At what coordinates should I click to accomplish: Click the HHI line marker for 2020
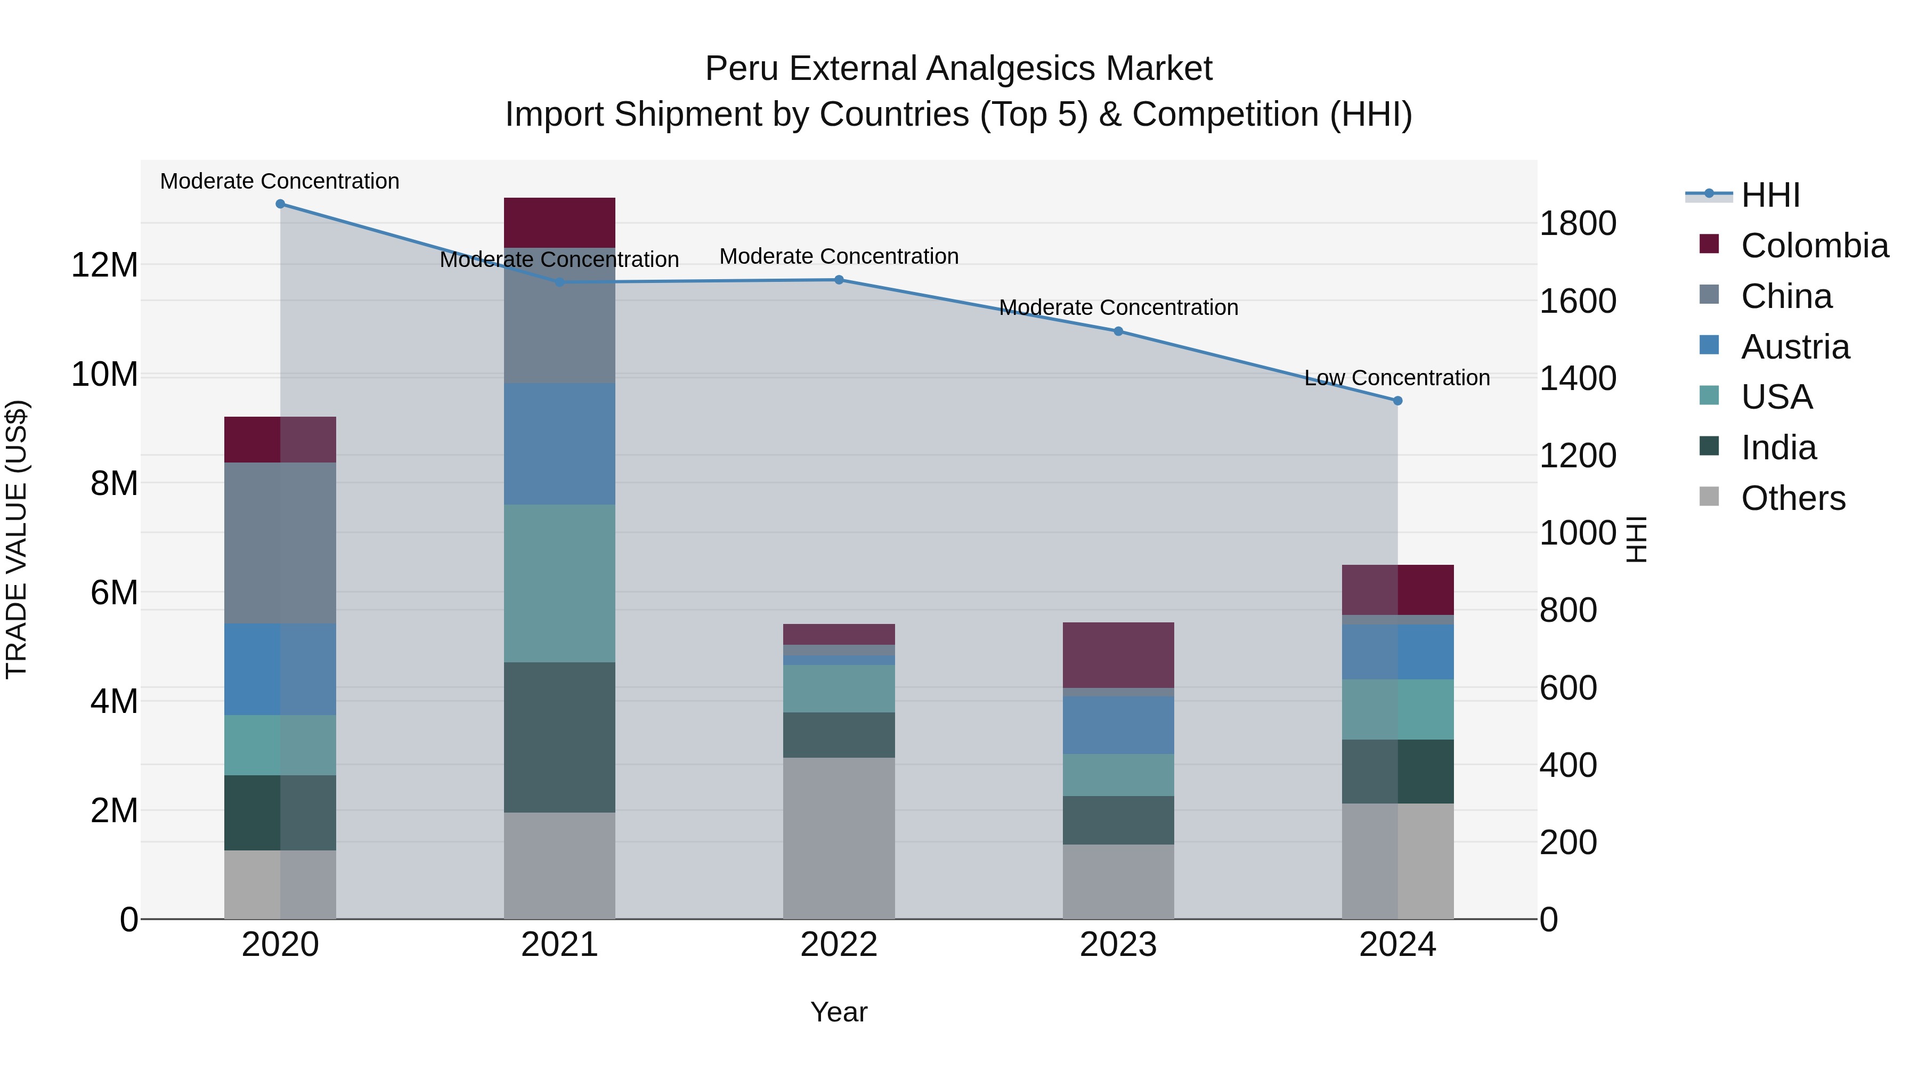tap(280, 204)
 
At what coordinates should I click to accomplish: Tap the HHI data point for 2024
tap(1397, 401)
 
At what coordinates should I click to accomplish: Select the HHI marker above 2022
tap(839, 280)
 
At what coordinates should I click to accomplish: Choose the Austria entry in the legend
tap(1794, 347)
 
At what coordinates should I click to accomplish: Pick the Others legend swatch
tap(1710, 497)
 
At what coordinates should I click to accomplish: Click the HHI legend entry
tap(1770, 195)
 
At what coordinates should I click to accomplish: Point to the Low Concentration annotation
tap(1397, 378)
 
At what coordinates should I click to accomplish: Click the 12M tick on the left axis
tap(104, 265)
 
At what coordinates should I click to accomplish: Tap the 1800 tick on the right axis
tap(1577, 223)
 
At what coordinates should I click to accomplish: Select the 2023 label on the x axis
tap(1118, 945)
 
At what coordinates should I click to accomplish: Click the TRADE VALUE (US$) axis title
tap(17, 539)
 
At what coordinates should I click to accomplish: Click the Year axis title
tap(839, 1012)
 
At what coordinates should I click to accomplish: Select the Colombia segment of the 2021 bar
tap(559, 223)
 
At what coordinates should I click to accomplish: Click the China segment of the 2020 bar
tap(280, 543)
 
